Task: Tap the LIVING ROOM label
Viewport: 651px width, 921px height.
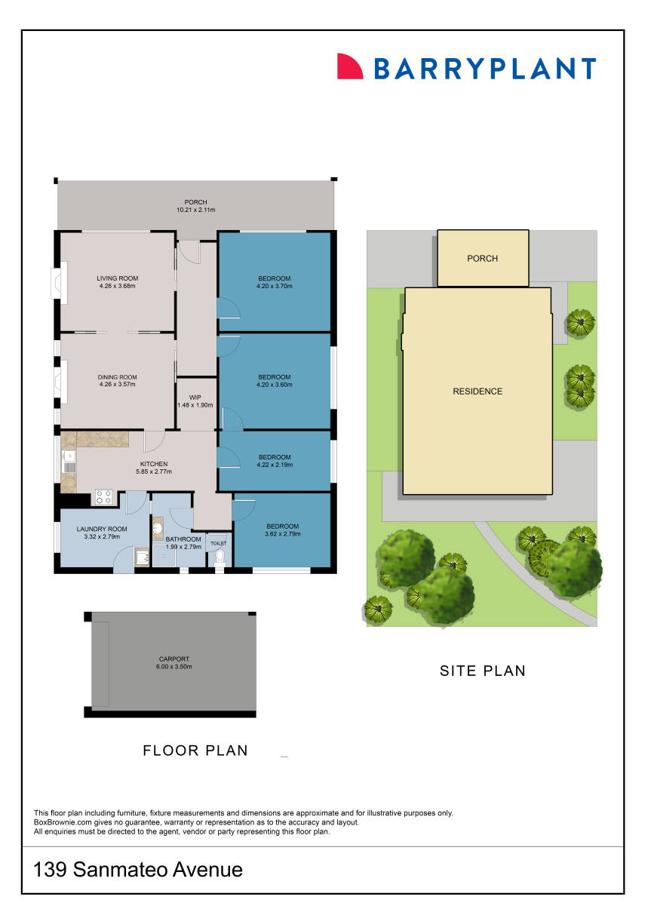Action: pyautogui.click(x=117, y=278)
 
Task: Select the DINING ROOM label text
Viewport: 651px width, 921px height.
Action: pyautogui.click(x=117, y=377)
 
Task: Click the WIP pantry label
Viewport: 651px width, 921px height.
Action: pyautogui.click(x=195, y=398)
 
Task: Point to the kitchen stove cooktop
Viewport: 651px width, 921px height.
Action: pyautogui.click(x=104, y=498)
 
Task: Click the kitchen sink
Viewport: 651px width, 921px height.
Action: pyautogui.click(x=69, y=456)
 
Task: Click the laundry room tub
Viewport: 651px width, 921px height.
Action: pyautogui.click(x=142, y=557)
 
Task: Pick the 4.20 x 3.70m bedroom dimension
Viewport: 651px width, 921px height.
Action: pyautogui.click(x=274, y=287)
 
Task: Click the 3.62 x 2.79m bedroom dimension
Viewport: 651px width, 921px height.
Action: pyautogui.click(x=282, y=534)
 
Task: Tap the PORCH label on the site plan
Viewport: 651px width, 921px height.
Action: pyautogui.click(x=482, y=259)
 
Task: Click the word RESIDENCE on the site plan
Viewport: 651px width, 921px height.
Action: pyautogui.click(x=477, y=391)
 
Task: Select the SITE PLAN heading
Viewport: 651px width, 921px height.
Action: pyautogui.click(x=482, y=670)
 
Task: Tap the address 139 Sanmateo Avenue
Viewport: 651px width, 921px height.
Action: pyautogui.click(x=138, y=870)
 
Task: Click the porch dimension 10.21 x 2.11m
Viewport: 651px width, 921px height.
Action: pyautogui.click(x=195, y=210)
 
